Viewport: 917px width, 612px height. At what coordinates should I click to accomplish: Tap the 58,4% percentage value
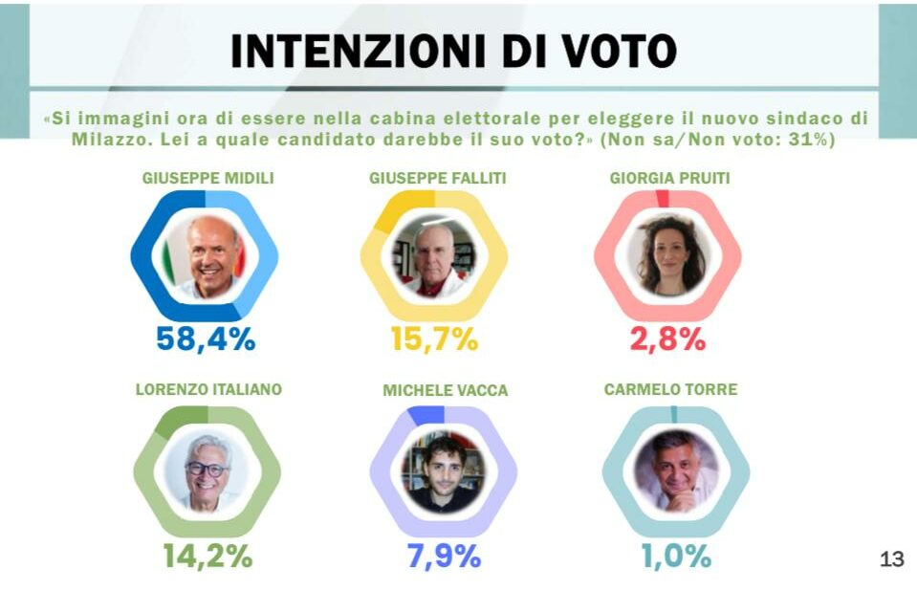click(206, 339)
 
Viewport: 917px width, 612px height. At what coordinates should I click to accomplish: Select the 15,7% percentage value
click(435, 339)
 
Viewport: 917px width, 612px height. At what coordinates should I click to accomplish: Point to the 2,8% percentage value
click(667, 339)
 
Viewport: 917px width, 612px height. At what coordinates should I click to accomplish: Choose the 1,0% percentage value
click(675, 556)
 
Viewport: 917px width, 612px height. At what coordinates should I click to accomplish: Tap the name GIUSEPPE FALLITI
click(438, 178)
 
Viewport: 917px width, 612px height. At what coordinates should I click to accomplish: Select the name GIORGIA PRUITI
click(668, 178)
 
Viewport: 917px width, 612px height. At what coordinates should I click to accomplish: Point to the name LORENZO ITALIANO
click(208, 389)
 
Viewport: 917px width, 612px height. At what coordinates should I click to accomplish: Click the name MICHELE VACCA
click(446, 390)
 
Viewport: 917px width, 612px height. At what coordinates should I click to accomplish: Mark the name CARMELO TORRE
click(671, 389)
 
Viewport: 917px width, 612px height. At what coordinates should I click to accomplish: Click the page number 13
click(891, 560)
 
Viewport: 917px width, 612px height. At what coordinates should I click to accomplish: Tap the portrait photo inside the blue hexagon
click(205, 255)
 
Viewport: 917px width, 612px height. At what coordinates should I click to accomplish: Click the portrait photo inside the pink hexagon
click(668, 255)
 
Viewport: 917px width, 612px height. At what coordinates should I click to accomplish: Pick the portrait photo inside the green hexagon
click(207, 471)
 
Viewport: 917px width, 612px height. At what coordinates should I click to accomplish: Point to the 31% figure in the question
click(813, 140)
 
